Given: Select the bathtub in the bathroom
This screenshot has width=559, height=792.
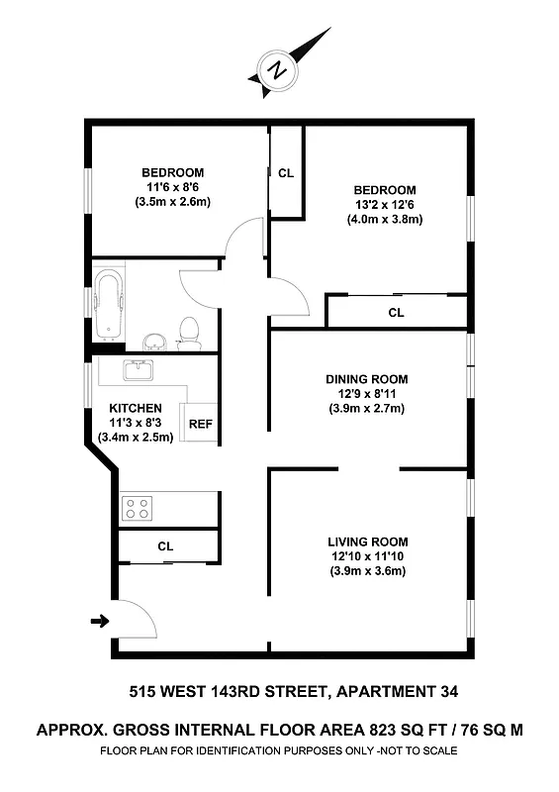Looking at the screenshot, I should click(x=108, y=302).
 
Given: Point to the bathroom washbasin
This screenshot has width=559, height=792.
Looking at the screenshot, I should click(x=153, y=342).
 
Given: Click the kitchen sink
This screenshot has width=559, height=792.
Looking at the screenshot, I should click(x=137, y=371).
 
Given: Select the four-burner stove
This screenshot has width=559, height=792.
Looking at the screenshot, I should click(x=137, y=509).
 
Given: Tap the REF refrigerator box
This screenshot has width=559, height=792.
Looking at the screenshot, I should click(x=201, y=424).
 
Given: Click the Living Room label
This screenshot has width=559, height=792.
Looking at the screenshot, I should click(x=368, y=542).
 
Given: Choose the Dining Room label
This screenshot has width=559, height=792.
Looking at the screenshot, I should click(x=367, y=378).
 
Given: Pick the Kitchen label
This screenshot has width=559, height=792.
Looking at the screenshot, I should click(x=136, y=408).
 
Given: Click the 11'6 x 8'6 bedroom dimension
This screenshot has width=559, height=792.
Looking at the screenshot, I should click(x=173, y=187).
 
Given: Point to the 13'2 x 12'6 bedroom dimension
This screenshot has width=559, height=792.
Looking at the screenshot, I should click(x=385, y=205).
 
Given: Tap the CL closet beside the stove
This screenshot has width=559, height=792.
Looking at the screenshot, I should click(x=165, y=545).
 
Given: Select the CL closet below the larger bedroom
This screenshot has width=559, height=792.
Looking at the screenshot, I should click(x=396, y=313).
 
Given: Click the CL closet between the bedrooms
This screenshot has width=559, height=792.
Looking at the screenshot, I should click(x=286, y=173).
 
